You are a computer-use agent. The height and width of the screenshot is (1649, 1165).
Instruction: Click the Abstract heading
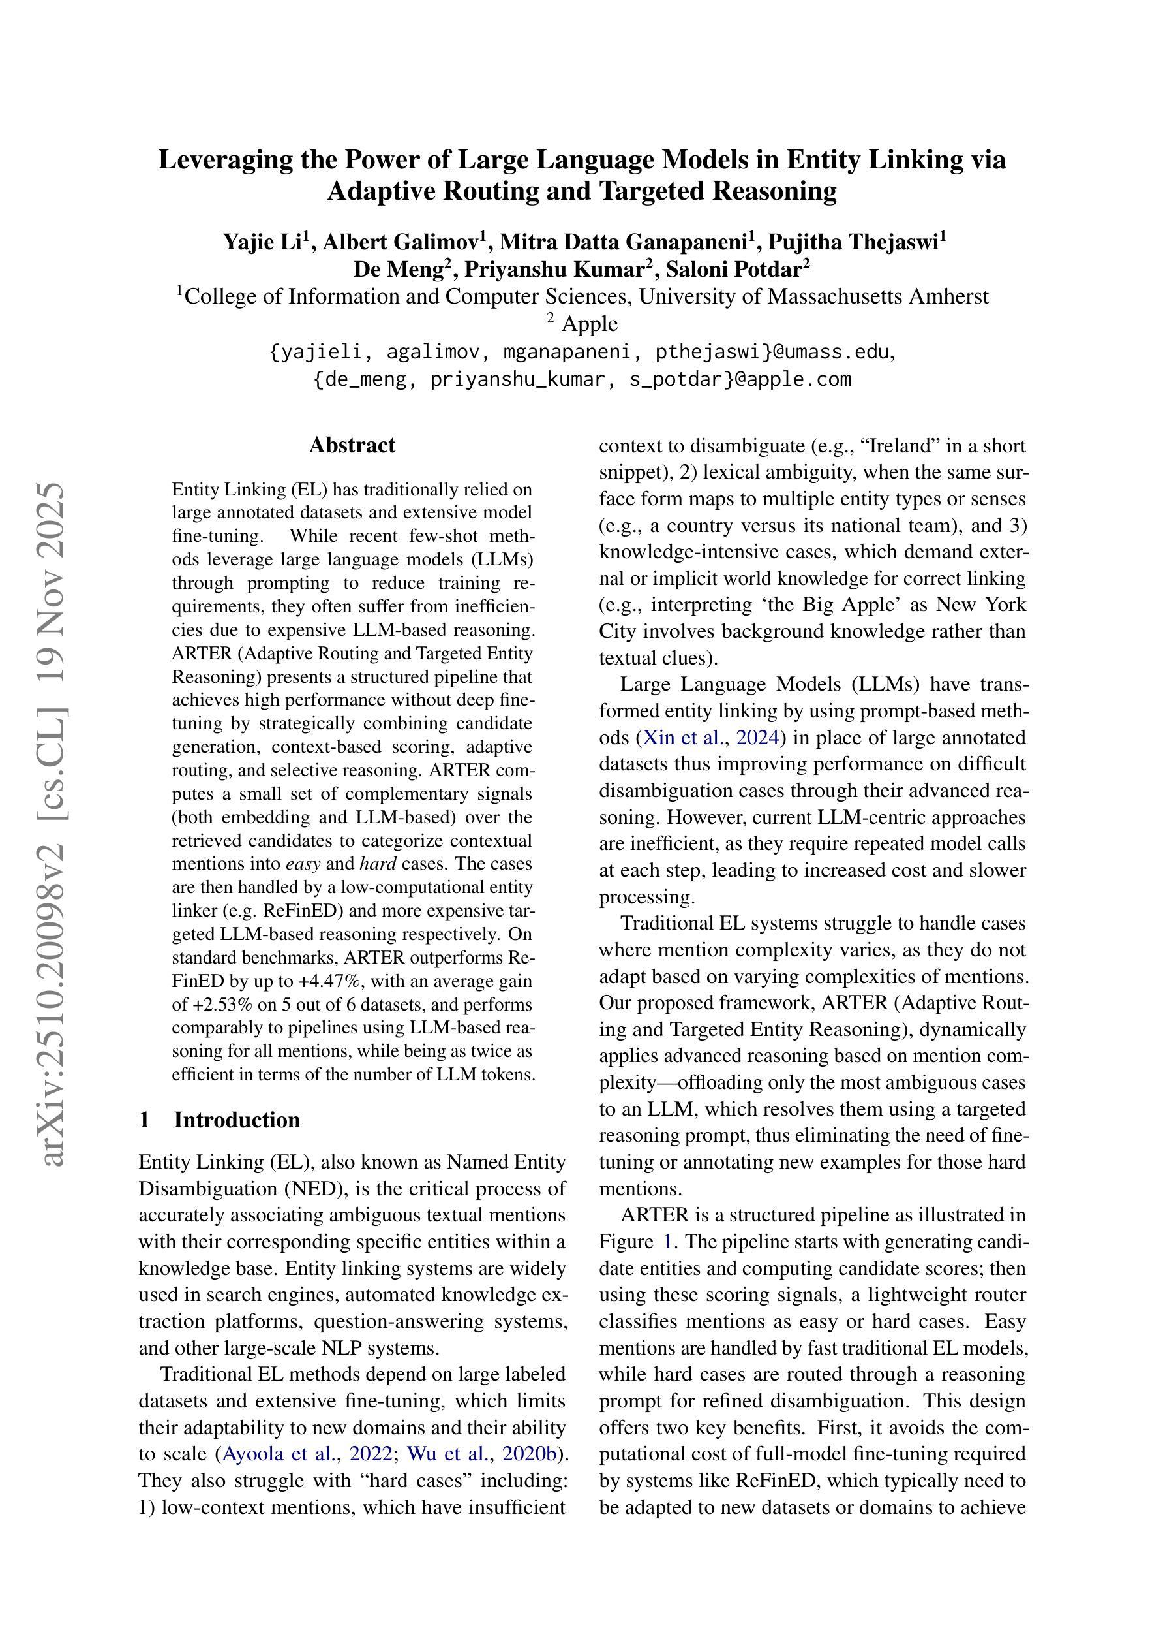[x=352, y=445]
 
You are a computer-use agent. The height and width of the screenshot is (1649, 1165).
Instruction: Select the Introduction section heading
[x=236, y=1120]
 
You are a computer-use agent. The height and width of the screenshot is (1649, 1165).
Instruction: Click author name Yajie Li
[x=262, y=242]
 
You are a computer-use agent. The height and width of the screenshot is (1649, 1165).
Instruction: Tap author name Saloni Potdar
[x=736, y=270]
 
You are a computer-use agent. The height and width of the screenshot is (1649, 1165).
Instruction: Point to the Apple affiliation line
[x=588, y=324]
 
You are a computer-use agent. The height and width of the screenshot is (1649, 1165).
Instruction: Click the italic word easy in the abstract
[x=302, y=863]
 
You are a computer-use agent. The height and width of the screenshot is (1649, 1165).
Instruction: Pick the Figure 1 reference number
[x=663, y=1242]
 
